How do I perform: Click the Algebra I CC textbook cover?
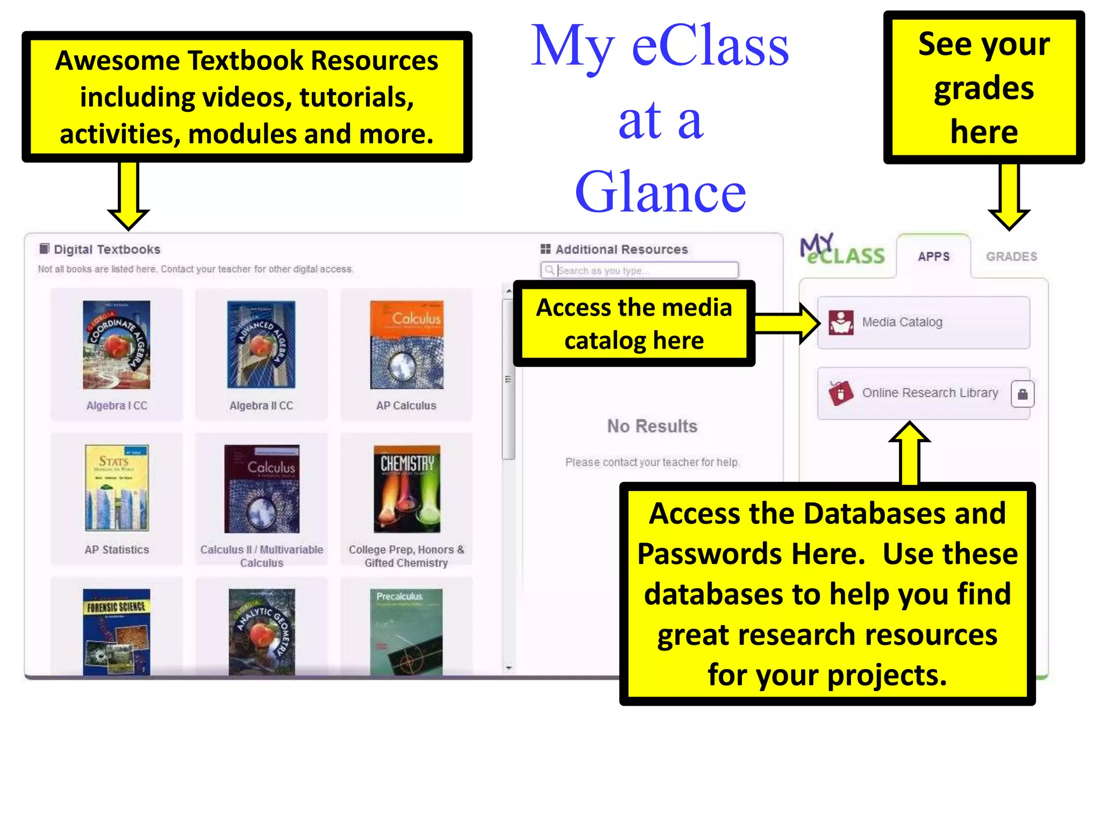pyautogui.click(x=116, y=344)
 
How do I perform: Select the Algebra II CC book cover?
pyautogui.click(x=261, y=344)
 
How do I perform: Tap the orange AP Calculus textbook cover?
pyautogui.click(x=406, y=344)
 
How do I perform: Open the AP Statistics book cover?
pyautogui.click(x=117, y=488)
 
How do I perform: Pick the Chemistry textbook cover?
pyautogui.click(x=407, y=488)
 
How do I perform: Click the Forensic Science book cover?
pyautogui.click(x=116, y=631)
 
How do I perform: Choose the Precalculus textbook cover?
pyautogui.click(x=406, y=631)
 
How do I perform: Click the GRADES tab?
pyautogui.click(x=1011, y=257)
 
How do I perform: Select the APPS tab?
pyautogui.click(x=934, y=257)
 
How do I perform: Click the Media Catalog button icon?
pyautogui.click(x=841, y=322)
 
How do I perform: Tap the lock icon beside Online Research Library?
pyautogui.click(x=1023, y=394)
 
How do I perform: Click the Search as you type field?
pyautogui.click(x=640, y=270)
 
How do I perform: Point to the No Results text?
pyautogui.click(x=652, y=426)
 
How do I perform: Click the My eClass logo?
pyautogui.click(x=841, y=251)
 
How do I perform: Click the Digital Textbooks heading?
pyautogui.click(x=106, y=250)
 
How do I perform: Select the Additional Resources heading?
pyautogui.click(x=621, y=250)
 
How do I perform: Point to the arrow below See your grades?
pyautogui.click(x=1009, y=196)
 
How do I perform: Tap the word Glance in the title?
pyautogui.click(x=660, y=191)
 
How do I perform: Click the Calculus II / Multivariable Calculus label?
pyautogui.click(x=261, y=556)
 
